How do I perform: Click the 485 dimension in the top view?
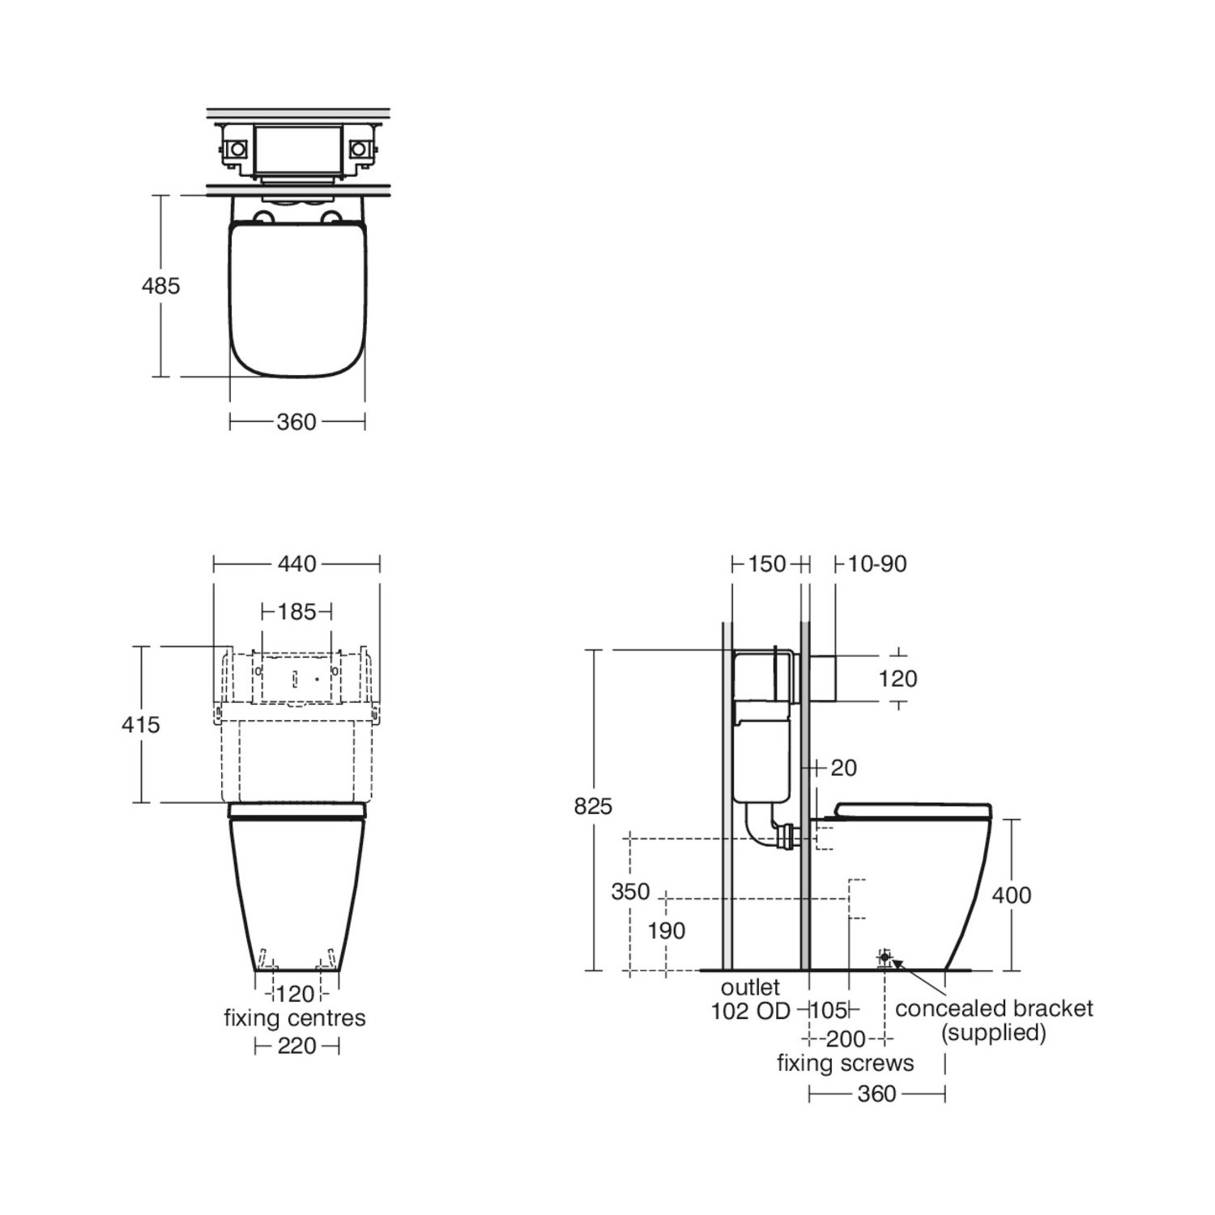click(x=160, y=285)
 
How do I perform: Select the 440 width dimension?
click(x=296, y=563)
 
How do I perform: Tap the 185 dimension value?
click(x=296, y=611)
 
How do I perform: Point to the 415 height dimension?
click(x=141, y=724)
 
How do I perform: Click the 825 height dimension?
click(x=593, y=806)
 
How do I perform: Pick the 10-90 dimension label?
click(x=877, y=563)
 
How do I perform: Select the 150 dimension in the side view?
click(x=766, y=563)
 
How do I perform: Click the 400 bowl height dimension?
click(x=1012, y=895)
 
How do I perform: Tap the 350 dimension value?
click(x=630, y=891)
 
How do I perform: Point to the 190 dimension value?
click(x=666, y=931)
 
